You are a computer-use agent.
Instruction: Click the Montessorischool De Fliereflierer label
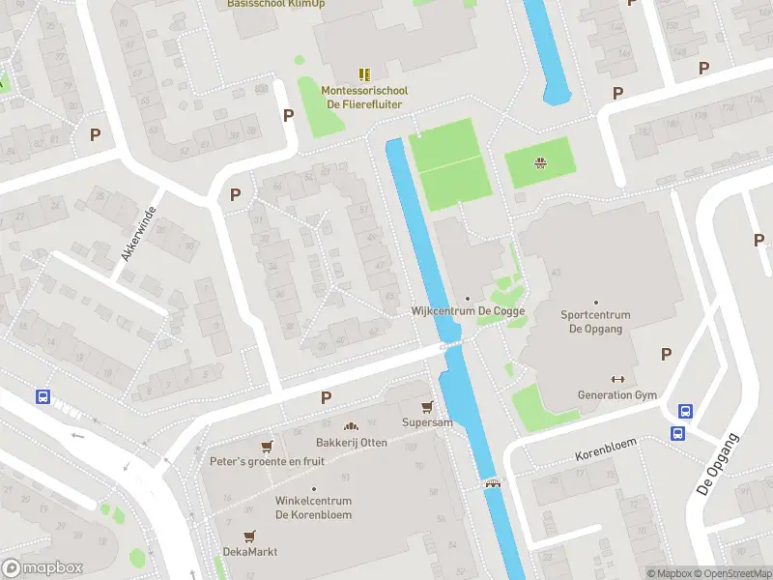click(x=364, y=97)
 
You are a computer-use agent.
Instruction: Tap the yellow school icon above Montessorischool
click(x=364, y=74)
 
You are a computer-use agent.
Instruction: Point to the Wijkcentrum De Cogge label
click(x=468, y=311)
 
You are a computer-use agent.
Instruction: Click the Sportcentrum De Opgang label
click(x=595, y=322)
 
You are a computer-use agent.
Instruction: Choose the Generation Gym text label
click(x=616, y=394)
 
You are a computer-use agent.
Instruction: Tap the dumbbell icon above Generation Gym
click(x=617, y=379)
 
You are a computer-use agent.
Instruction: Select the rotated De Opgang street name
click(x=717, y=465)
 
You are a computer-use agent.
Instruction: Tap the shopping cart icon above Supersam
click(x=426, y=407)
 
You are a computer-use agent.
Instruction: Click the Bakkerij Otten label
click(x=352, y=443)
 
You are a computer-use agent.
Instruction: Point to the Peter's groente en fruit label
click(x=268, y=461)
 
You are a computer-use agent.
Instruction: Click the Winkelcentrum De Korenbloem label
click(x=313, y=507)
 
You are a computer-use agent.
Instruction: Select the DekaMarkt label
click(x=249, y=550)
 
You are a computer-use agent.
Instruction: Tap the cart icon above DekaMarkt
click(x=249, y=535)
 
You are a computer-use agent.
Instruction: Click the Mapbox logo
click(x=43, y=568)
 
